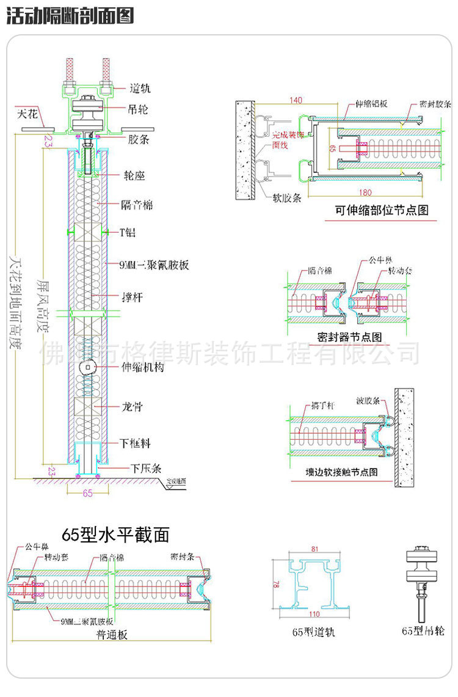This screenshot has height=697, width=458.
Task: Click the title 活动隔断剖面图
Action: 70,15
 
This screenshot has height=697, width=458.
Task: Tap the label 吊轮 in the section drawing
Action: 139,110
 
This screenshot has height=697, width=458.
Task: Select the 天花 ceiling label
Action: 28,113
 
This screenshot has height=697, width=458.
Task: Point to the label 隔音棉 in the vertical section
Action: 138,205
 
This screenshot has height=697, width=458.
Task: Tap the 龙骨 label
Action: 133,406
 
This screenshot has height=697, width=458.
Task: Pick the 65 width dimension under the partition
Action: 87,493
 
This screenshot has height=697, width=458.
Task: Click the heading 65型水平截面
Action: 115,535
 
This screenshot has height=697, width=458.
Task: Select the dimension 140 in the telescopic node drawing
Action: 296,100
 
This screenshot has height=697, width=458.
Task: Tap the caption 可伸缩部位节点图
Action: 382,210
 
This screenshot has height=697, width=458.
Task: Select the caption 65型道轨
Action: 313,632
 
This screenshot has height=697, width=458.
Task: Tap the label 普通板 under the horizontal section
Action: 112,635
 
